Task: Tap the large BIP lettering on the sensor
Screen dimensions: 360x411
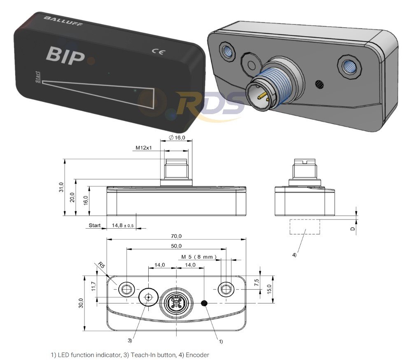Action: coord(66,56)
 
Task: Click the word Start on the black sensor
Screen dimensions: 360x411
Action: coord(38,77)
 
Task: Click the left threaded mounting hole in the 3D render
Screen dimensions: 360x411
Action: coord(227,51)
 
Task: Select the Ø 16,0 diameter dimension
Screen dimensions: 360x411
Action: coord(177,138)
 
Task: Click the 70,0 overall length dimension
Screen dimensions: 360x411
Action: coord(177,236)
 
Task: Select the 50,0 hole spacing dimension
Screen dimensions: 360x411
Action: coord(177,246)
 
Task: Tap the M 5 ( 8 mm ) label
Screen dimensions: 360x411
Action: coord(199,257)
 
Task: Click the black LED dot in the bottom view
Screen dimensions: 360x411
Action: coord(204,303)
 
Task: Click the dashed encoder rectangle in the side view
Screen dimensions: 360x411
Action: coord(305,227)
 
